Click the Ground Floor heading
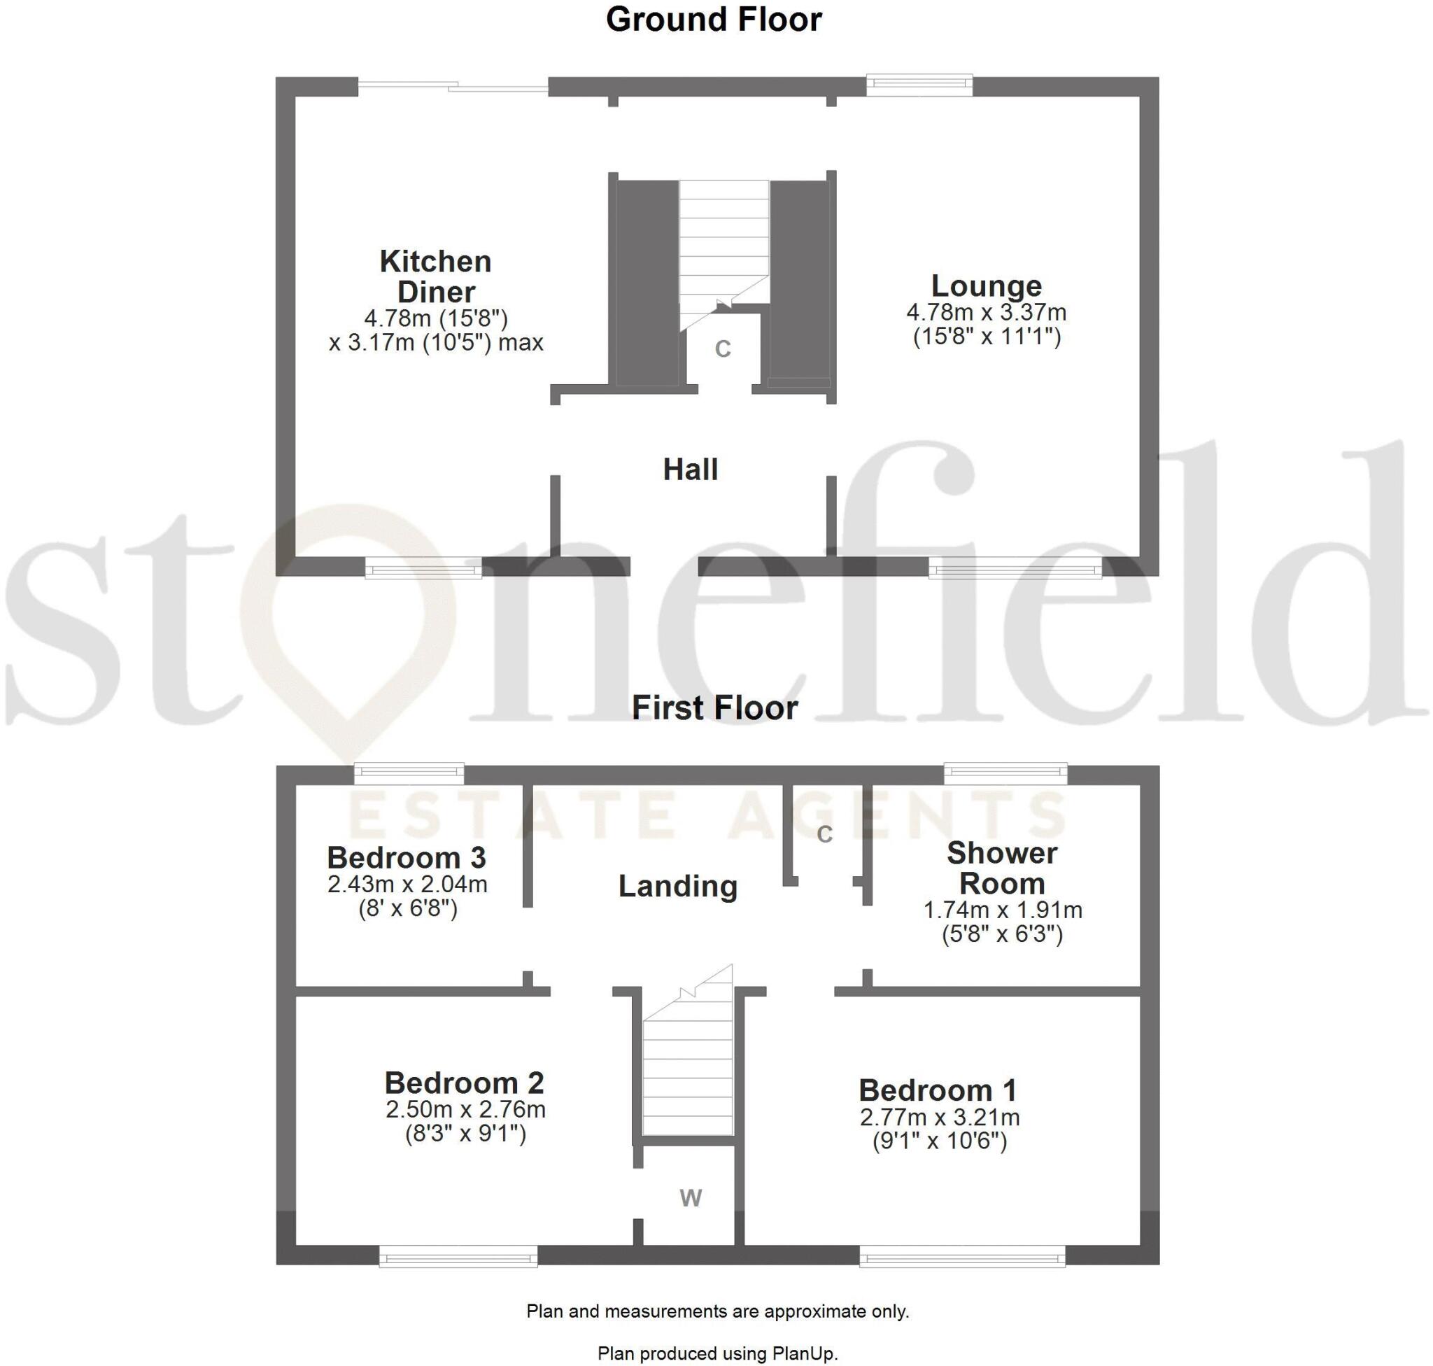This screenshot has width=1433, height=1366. pyautogui.click(x=714, y=20)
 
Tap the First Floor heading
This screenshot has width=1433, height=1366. pyautogui.click(x=714, y=707)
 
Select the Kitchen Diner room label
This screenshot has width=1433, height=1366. pyautogui.click(x=435, y=276)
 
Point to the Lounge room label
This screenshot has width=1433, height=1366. pyautogui.click(x=987, y=286)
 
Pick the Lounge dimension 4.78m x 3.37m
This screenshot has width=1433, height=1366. pyautogui.click(x=987, y=312)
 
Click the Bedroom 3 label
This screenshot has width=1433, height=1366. pyautogui.click(x=407, y=858)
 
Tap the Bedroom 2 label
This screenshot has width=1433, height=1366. pyautogui.click(x=465, y=1083)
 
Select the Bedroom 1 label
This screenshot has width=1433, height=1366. pyautogui.click(x=938, y=1090)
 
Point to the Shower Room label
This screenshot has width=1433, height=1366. pyautogui.click(x=1002, y=868)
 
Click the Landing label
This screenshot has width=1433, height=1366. pyautogui.click(x=678, y=886)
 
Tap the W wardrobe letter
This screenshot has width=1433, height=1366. pyautogui.click(x=691, y=1198)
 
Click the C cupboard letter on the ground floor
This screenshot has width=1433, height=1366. pyautogui.click(x=722, y=349)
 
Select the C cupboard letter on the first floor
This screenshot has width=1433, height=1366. pyautogui.click(x=824, y=834)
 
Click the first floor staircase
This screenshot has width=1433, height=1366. pyautogui.click(x=687, y=1071)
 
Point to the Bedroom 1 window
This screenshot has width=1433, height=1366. pyautogui.click(x=962, y=1256)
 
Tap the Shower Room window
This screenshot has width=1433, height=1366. pyautogui.click(x=1005, y=773)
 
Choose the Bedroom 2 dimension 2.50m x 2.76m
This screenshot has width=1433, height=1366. pyautogui.click(x=465, y=1110)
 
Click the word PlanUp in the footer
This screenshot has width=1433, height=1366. pyautogui.click(x=808, y=1353)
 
